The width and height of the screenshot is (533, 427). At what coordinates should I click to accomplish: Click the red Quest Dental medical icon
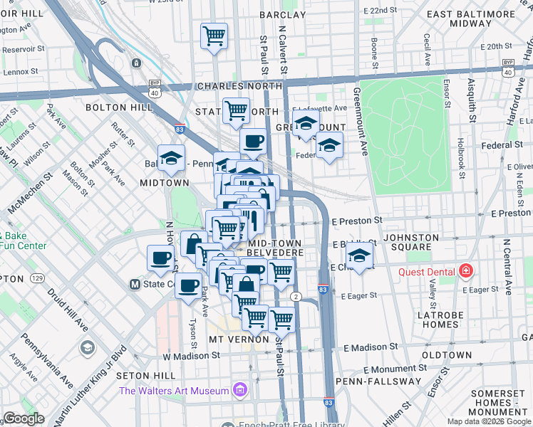[x=465, y=270]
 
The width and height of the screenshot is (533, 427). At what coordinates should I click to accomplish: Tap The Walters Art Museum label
[x=175, y=390]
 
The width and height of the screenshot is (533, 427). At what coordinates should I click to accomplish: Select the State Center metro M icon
[x=134, y=284]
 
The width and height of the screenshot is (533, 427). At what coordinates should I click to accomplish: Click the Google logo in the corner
[x=23, y=418]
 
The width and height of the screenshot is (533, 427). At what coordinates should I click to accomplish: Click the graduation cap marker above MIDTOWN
[x=171, y=158]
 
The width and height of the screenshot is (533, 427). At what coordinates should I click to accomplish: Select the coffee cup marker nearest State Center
[x=189, y=286]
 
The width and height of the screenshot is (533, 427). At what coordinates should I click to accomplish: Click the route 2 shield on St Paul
[x=294, y=295]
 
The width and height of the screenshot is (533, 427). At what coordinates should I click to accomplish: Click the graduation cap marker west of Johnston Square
[x=361, y=256]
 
